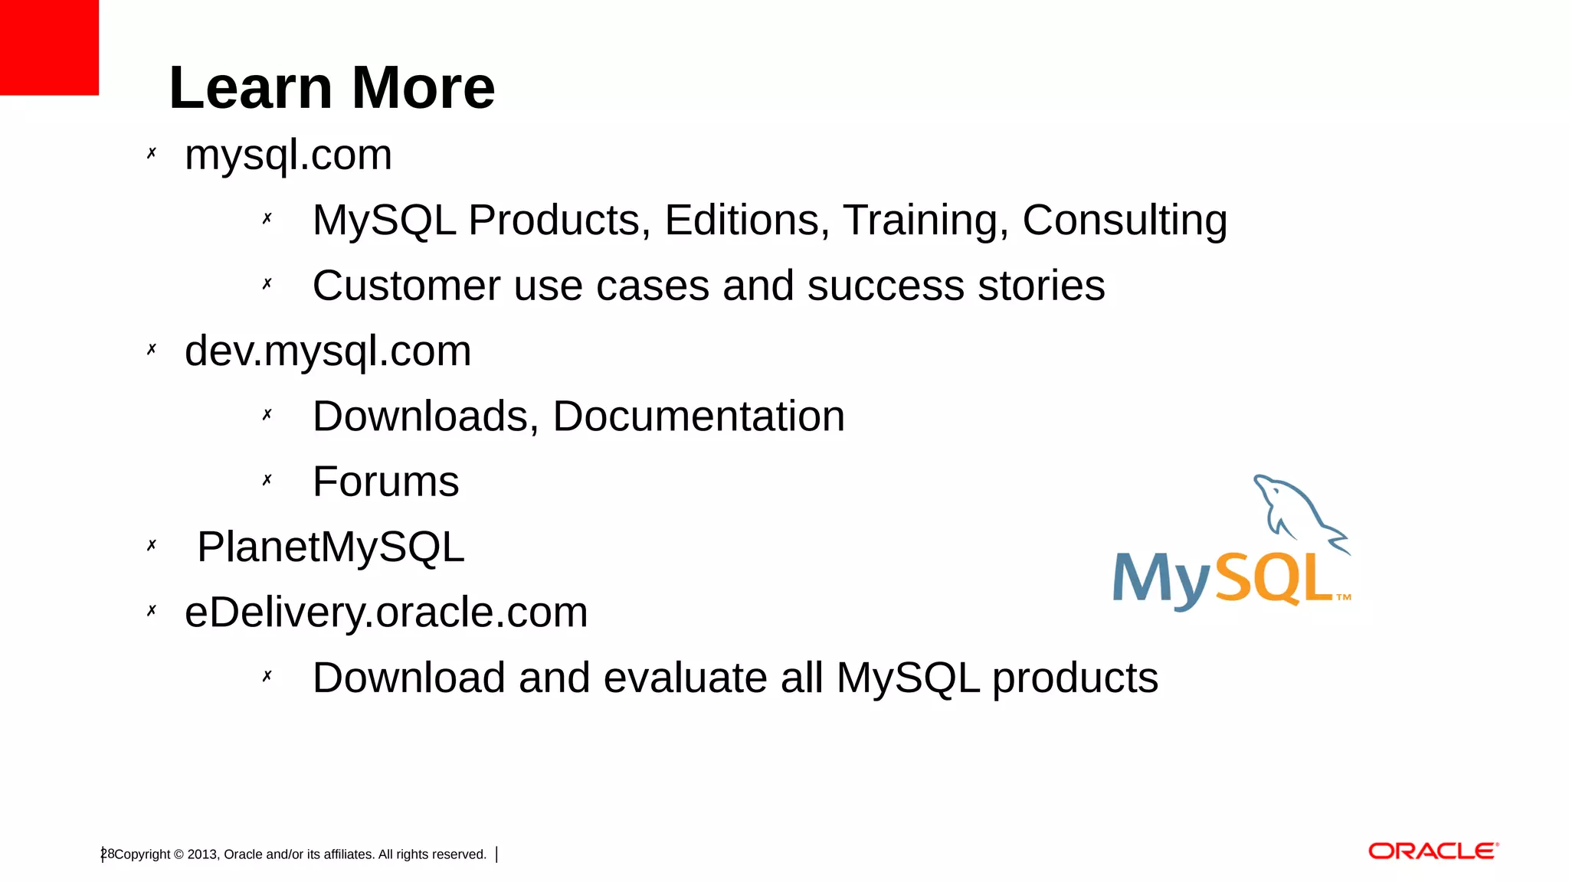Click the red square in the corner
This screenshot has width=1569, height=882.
click(x=49, y=47)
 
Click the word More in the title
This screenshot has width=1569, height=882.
click(x=423, y=88)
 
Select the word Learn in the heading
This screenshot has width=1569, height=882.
click(x=251, y=88)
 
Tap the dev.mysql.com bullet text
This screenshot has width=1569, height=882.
click(x=327, y=351)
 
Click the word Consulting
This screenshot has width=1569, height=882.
click(x=1125, y=220)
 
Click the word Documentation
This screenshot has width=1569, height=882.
click(x=699, y=416)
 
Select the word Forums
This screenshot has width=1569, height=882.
click(x=385, y=482)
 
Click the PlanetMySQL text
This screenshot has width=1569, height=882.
click(x=330, y=547)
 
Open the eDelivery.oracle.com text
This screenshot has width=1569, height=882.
click(x=386, y=612)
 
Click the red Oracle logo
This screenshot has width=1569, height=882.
click(x=1433, y=851)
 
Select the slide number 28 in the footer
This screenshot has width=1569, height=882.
click(x=107, y=854)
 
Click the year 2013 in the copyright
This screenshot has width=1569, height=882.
click(x=202, y=854)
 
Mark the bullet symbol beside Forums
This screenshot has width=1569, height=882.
click(x=267, y=480)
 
